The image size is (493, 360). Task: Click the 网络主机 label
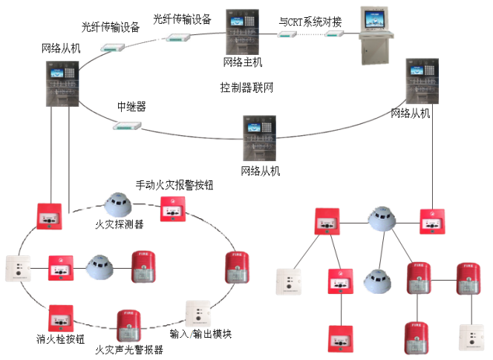pos(243,62)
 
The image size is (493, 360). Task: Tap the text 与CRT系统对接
pos(310,22)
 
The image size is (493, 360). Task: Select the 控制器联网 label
pos(247,88)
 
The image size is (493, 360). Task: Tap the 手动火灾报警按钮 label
pos(174,184)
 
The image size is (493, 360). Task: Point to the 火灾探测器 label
pos(120,223)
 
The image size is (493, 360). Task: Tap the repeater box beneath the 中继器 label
pos(128,125)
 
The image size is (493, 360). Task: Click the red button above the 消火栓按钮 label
pos(59,316)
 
